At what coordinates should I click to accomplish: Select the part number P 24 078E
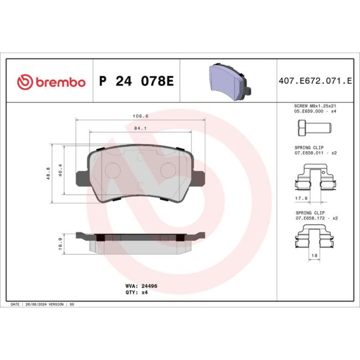[136, 82]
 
